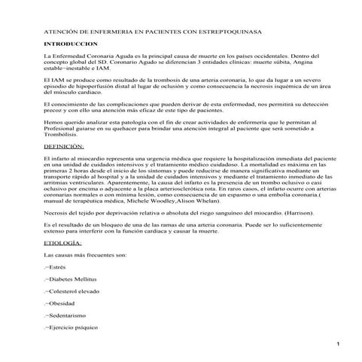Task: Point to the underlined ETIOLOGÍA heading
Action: click(x=63, y=245)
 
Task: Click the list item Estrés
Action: click(x=56, y=267)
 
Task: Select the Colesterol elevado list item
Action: click(x=73, y=290)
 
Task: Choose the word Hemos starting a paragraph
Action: click(x=53, y=120)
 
